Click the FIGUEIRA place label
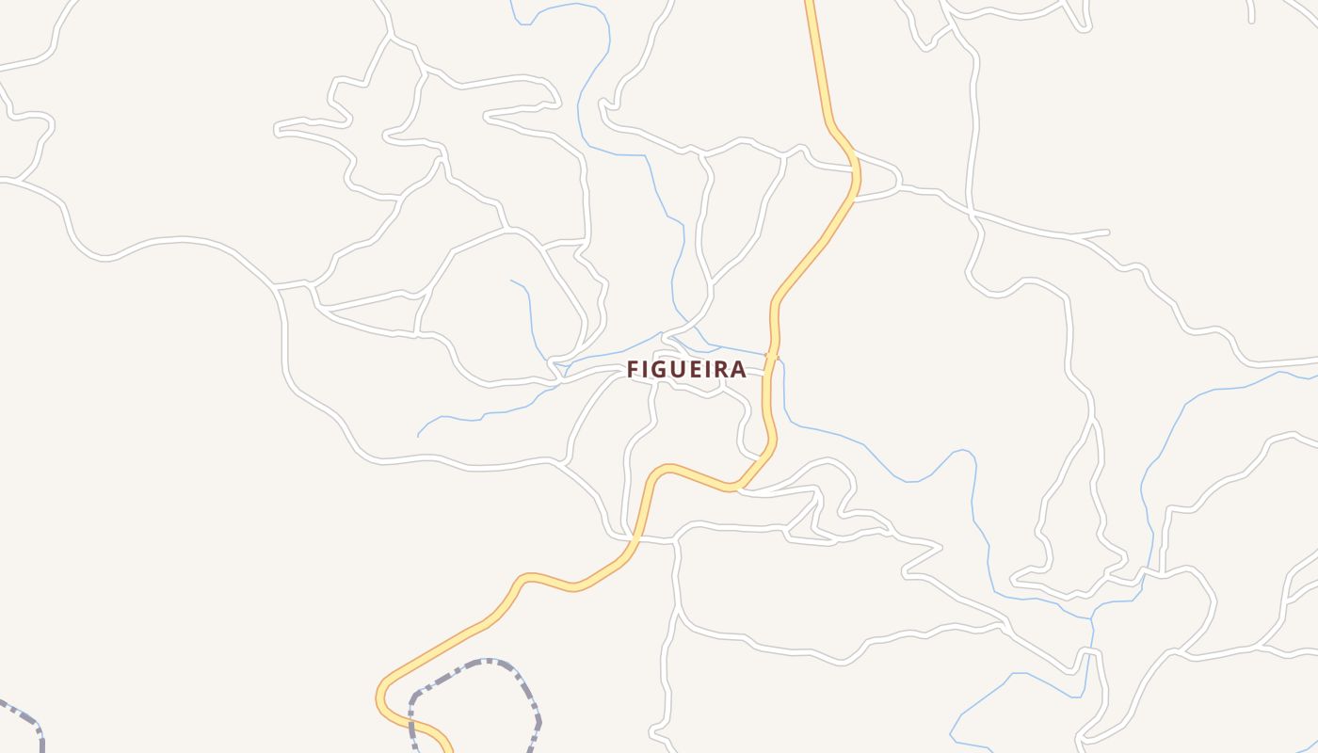686,369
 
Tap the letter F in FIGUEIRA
634,369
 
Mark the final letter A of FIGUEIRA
739,369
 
